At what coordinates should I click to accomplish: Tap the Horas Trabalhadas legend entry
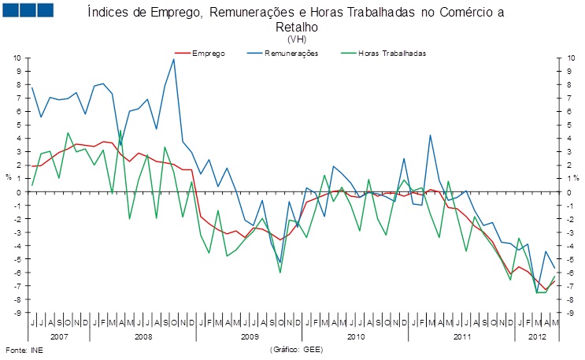(392, 54)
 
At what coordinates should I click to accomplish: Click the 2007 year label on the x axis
(59, 336)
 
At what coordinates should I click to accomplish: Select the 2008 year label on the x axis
(143, 336)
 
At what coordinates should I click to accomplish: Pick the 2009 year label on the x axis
(249, 336)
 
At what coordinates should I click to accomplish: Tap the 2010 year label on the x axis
(355, 336)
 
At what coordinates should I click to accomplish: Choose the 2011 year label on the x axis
(461, 336)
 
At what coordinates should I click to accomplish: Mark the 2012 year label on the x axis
(536, 336)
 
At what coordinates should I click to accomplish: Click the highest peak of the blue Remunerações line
(173, 59)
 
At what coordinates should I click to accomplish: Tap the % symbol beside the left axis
(9, 177)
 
